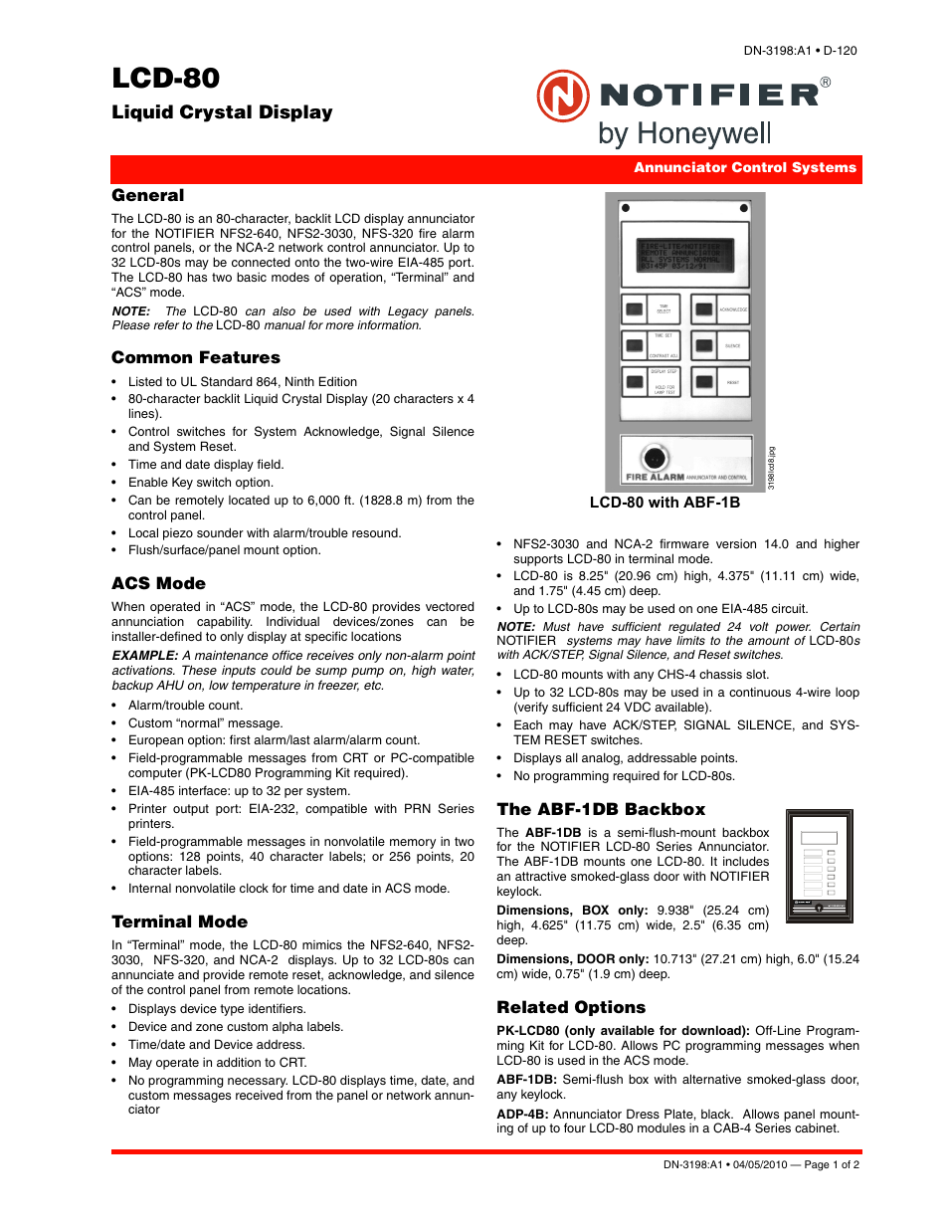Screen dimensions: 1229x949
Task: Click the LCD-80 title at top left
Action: click(x=165, y=79)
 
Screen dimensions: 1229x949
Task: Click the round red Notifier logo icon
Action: click(x=563, y=97)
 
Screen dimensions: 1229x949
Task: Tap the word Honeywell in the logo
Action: click(x=704, y=133)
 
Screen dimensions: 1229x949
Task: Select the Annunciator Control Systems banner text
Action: click(x=744, y=168)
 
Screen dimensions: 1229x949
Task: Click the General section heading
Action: click(x=147, y=196)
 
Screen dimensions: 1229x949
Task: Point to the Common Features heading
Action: click(x=195, y=357)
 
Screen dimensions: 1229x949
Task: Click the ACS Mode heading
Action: click(x=158, y=583)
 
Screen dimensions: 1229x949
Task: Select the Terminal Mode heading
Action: click(x=179, y=922)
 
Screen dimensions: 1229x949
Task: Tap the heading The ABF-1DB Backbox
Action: click(x=601, y=809)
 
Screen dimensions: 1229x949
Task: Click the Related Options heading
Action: click(x=571, y=1007)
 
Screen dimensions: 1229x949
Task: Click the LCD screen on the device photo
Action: click(x=686, y=255)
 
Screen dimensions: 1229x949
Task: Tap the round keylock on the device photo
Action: click(x=655, y=458)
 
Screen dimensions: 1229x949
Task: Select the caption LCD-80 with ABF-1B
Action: click(x=664, y=503)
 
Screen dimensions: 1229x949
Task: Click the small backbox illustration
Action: click(x=819, y=865)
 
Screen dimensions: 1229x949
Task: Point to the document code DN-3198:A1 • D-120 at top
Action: click(x=800, y=51)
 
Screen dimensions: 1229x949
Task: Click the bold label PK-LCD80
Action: click(x=528, y=1031)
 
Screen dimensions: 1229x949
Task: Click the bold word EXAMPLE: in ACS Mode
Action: click(x=145, y=656)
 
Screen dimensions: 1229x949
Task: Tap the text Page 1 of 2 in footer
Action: click(x=832, y=1164)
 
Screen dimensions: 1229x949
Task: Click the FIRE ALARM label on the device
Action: click(x=655, y=478)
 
